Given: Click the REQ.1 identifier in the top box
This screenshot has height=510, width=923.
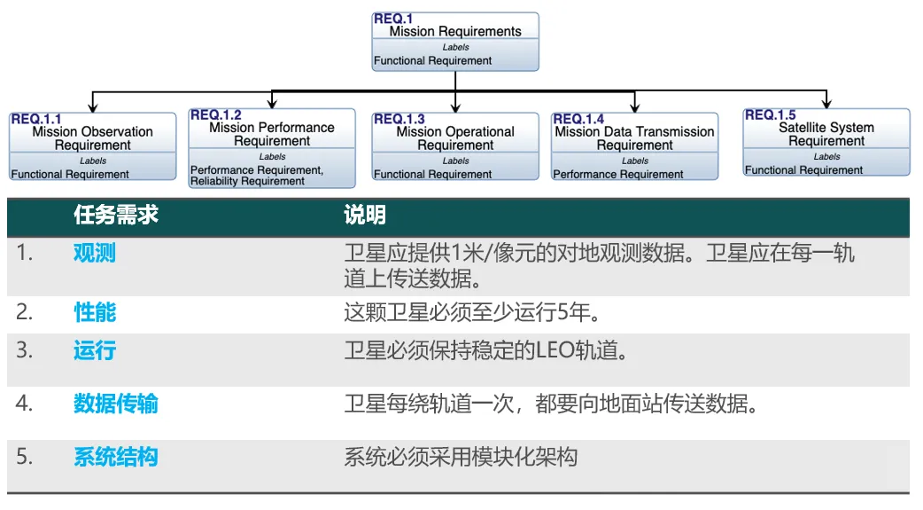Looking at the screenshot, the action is [x=393, y=19].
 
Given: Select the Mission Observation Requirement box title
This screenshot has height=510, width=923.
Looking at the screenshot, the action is [x=92, y=138].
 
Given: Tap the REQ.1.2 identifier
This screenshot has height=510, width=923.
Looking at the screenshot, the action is [x=215, y=115].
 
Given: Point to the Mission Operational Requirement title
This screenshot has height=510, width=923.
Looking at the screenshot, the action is [x=455, y=138].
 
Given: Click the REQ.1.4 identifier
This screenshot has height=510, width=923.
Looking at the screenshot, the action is [x=578, y=119].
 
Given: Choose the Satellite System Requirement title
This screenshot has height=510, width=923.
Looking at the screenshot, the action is [x=826, y=135].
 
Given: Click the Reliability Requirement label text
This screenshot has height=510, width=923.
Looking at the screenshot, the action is [x=247, y=182].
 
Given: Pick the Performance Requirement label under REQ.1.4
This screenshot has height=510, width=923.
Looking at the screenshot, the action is [x=618, y=175].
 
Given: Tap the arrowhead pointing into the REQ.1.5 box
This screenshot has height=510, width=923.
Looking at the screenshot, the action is [x=826, y=104].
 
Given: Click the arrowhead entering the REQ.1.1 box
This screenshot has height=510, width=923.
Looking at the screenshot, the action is [x=92, y=107].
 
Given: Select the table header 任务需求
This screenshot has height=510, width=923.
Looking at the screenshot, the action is [x=116, y=215].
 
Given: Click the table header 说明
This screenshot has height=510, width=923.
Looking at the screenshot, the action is [x=365, y=215].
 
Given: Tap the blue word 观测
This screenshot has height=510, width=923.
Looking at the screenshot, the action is [x=94, y=253].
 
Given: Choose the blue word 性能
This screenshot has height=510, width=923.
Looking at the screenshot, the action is [x=94, y=312].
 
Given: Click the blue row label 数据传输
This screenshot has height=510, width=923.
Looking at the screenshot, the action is [x=116, y=404].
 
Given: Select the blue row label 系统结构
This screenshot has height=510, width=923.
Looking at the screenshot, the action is [x=116, y=457].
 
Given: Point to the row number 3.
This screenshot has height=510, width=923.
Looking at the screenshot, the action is [x=24, y=350].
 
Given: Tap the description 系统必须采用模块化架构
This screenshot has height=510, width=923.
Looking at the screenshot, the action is [x=461, y=457].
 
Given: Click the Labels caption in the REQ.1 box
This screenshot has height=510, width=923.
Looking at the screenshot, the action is [x=455, y=47].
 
